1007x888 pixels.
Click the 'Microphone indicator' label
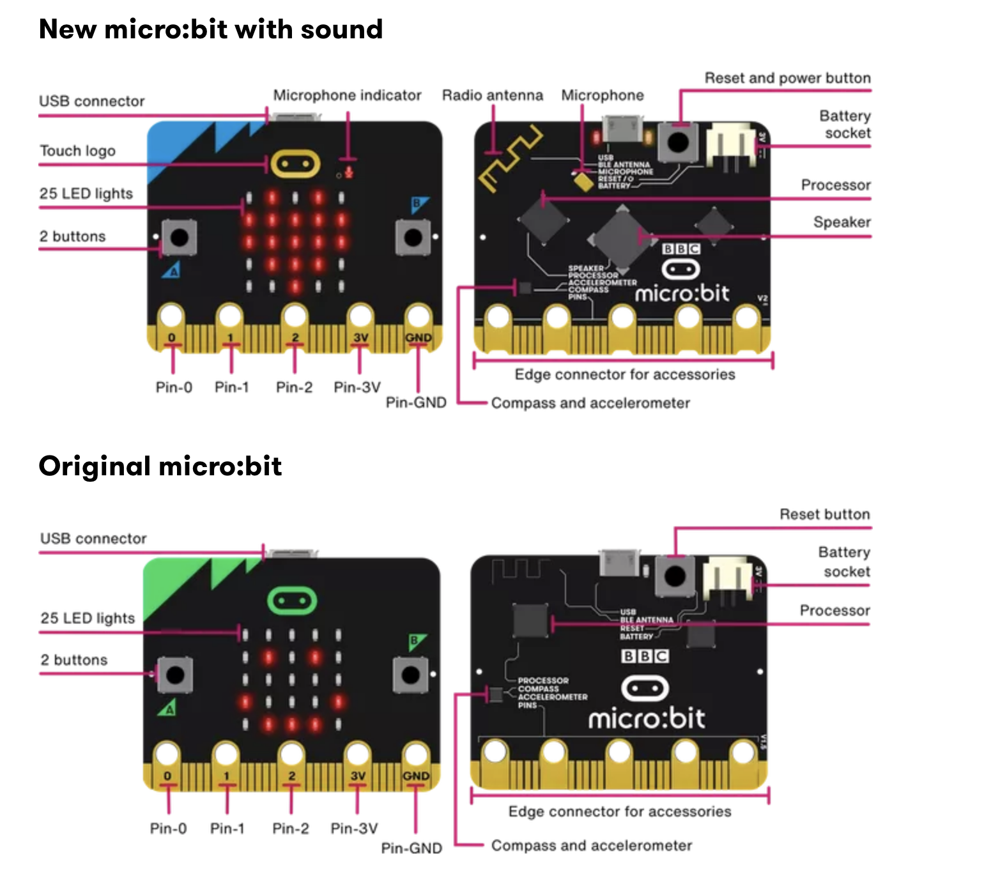pos(347,95)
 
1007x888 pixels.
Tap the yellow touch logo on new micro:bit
pos(295,164)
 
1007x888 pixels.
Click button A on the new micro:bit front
pos(179,238)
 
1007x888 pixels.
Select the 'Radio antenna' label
pos(492,95)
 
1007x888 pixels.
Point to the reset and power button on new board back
pos(679,141)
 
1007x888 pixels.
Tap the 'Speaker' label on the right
pos(842,222)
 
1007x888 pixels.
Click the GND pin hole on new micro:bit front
pos(418,316)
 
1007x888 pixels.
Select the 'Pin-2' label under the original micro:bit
pos(290,829)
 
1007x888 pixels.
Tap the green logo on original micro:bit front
pos(291,601)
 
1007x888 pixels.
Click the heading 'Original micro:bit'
pos(160,466)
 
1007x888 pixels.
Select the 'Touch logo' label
pos(77,151)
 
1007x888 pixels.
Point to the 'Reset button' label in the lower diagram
pos(824,514)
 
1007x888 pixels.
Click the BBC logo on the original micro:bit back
pos(644,656)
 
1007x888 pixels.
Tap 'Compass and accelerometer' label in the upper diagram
pos(590,403)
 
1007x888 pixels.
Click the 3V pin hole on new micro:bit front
pos(360,316)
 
